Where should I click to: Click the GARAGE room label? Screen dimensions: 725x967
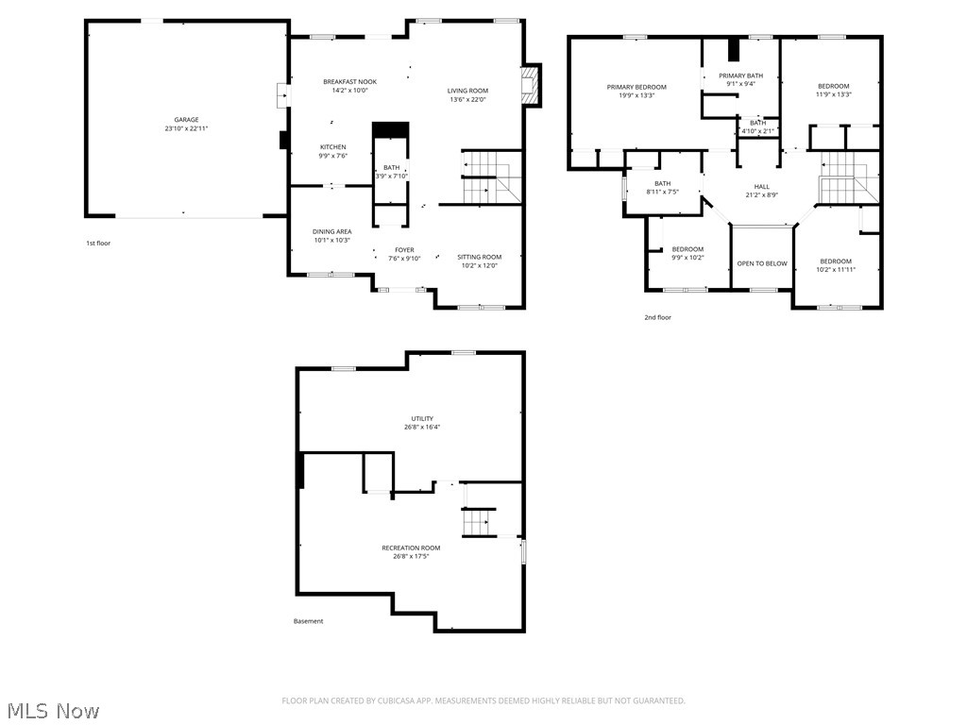point(186,120)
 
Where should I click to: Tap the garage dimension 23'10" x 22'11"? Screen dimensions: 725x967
point(186,128)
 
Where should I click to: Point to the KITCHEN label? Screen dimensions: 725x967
point(332,147)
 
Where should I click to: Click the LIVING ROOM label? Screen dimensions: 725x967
point(467,91)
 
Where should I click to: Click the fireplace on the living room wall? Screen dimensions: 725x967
point(534,86)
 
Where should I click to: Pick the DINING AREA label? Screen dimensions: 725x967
point(331,231)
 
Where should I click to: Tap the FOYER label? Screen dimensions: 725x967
point(404,250)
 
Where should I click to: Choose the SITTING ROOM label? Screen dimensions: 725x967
point(480,257)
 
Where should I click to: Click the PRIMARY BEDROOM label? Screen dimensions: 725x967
point(636,87)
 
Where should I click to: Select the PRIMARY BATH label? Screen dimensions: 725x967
point(740,76)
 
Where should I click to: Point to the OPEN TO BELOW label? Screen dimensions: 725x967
point(762,263)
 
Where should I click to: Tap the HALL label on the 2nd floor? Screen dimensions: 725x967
point(761,187)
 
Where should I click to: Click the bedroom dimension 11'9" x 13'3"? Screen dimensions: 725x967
point(834,94)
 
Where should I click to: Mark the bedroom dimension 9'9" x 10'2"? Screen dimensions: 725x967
point(687,258)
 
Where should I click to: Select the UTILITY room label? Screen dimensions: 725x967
point(422,418)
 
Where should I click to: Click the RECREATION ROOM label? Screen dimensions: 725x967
point(411,548)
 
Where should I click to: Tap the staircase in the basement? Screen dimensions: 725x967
point(477,521)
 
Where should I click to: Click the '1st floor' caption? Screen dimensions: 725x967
point(98,244)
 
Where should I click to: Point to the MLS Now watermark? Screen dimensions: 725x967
point(53,710)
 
